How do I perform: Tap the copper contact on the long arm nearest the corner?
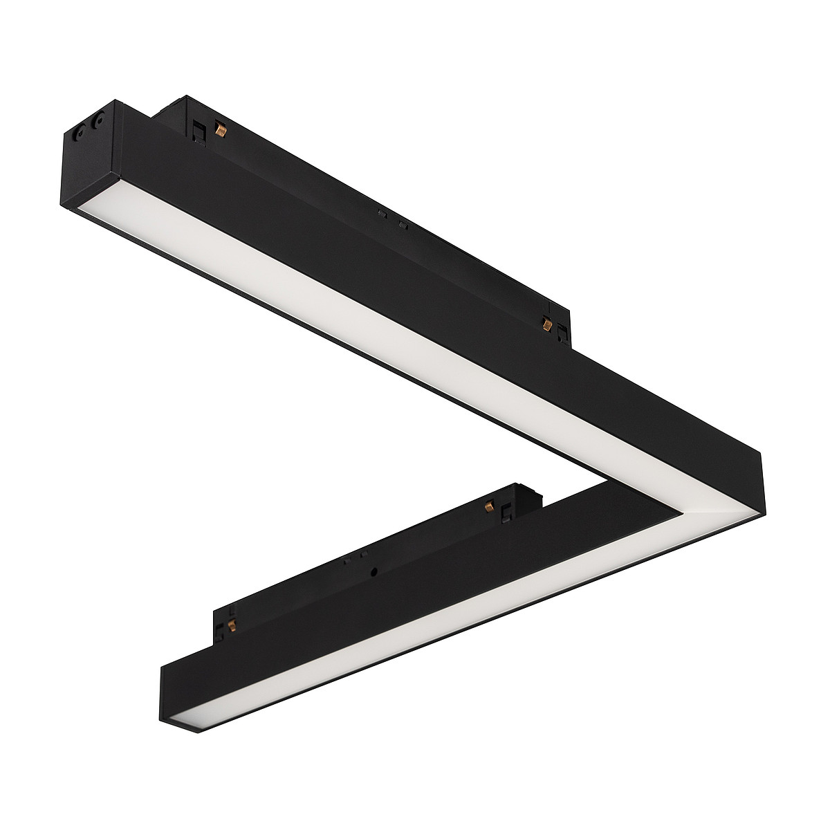tap(546, 322)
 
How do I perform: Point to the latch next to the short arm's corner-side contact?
tap(508, 510)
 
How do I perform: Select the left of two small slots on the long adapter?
tap(381, 215)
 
